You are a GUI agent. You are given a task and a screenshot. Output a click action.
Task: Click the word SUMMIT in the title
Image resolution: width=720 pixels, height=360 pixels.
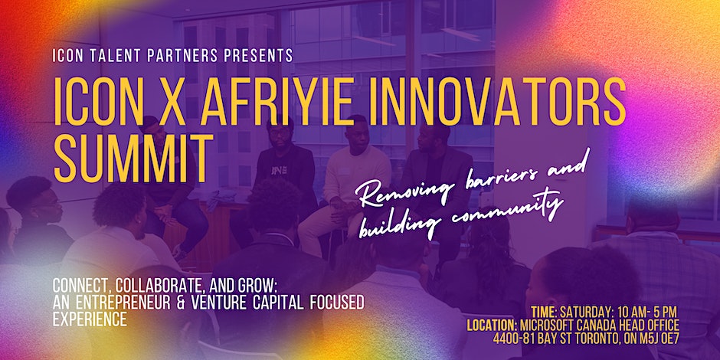133,159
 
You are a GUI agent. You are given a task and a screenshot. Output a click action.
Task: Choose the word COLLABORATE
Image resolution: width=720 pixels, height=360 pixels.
155,287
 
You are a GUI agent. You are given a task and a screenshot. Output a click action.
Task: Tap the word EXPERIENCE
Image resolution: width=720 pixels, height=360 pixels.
90,319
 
